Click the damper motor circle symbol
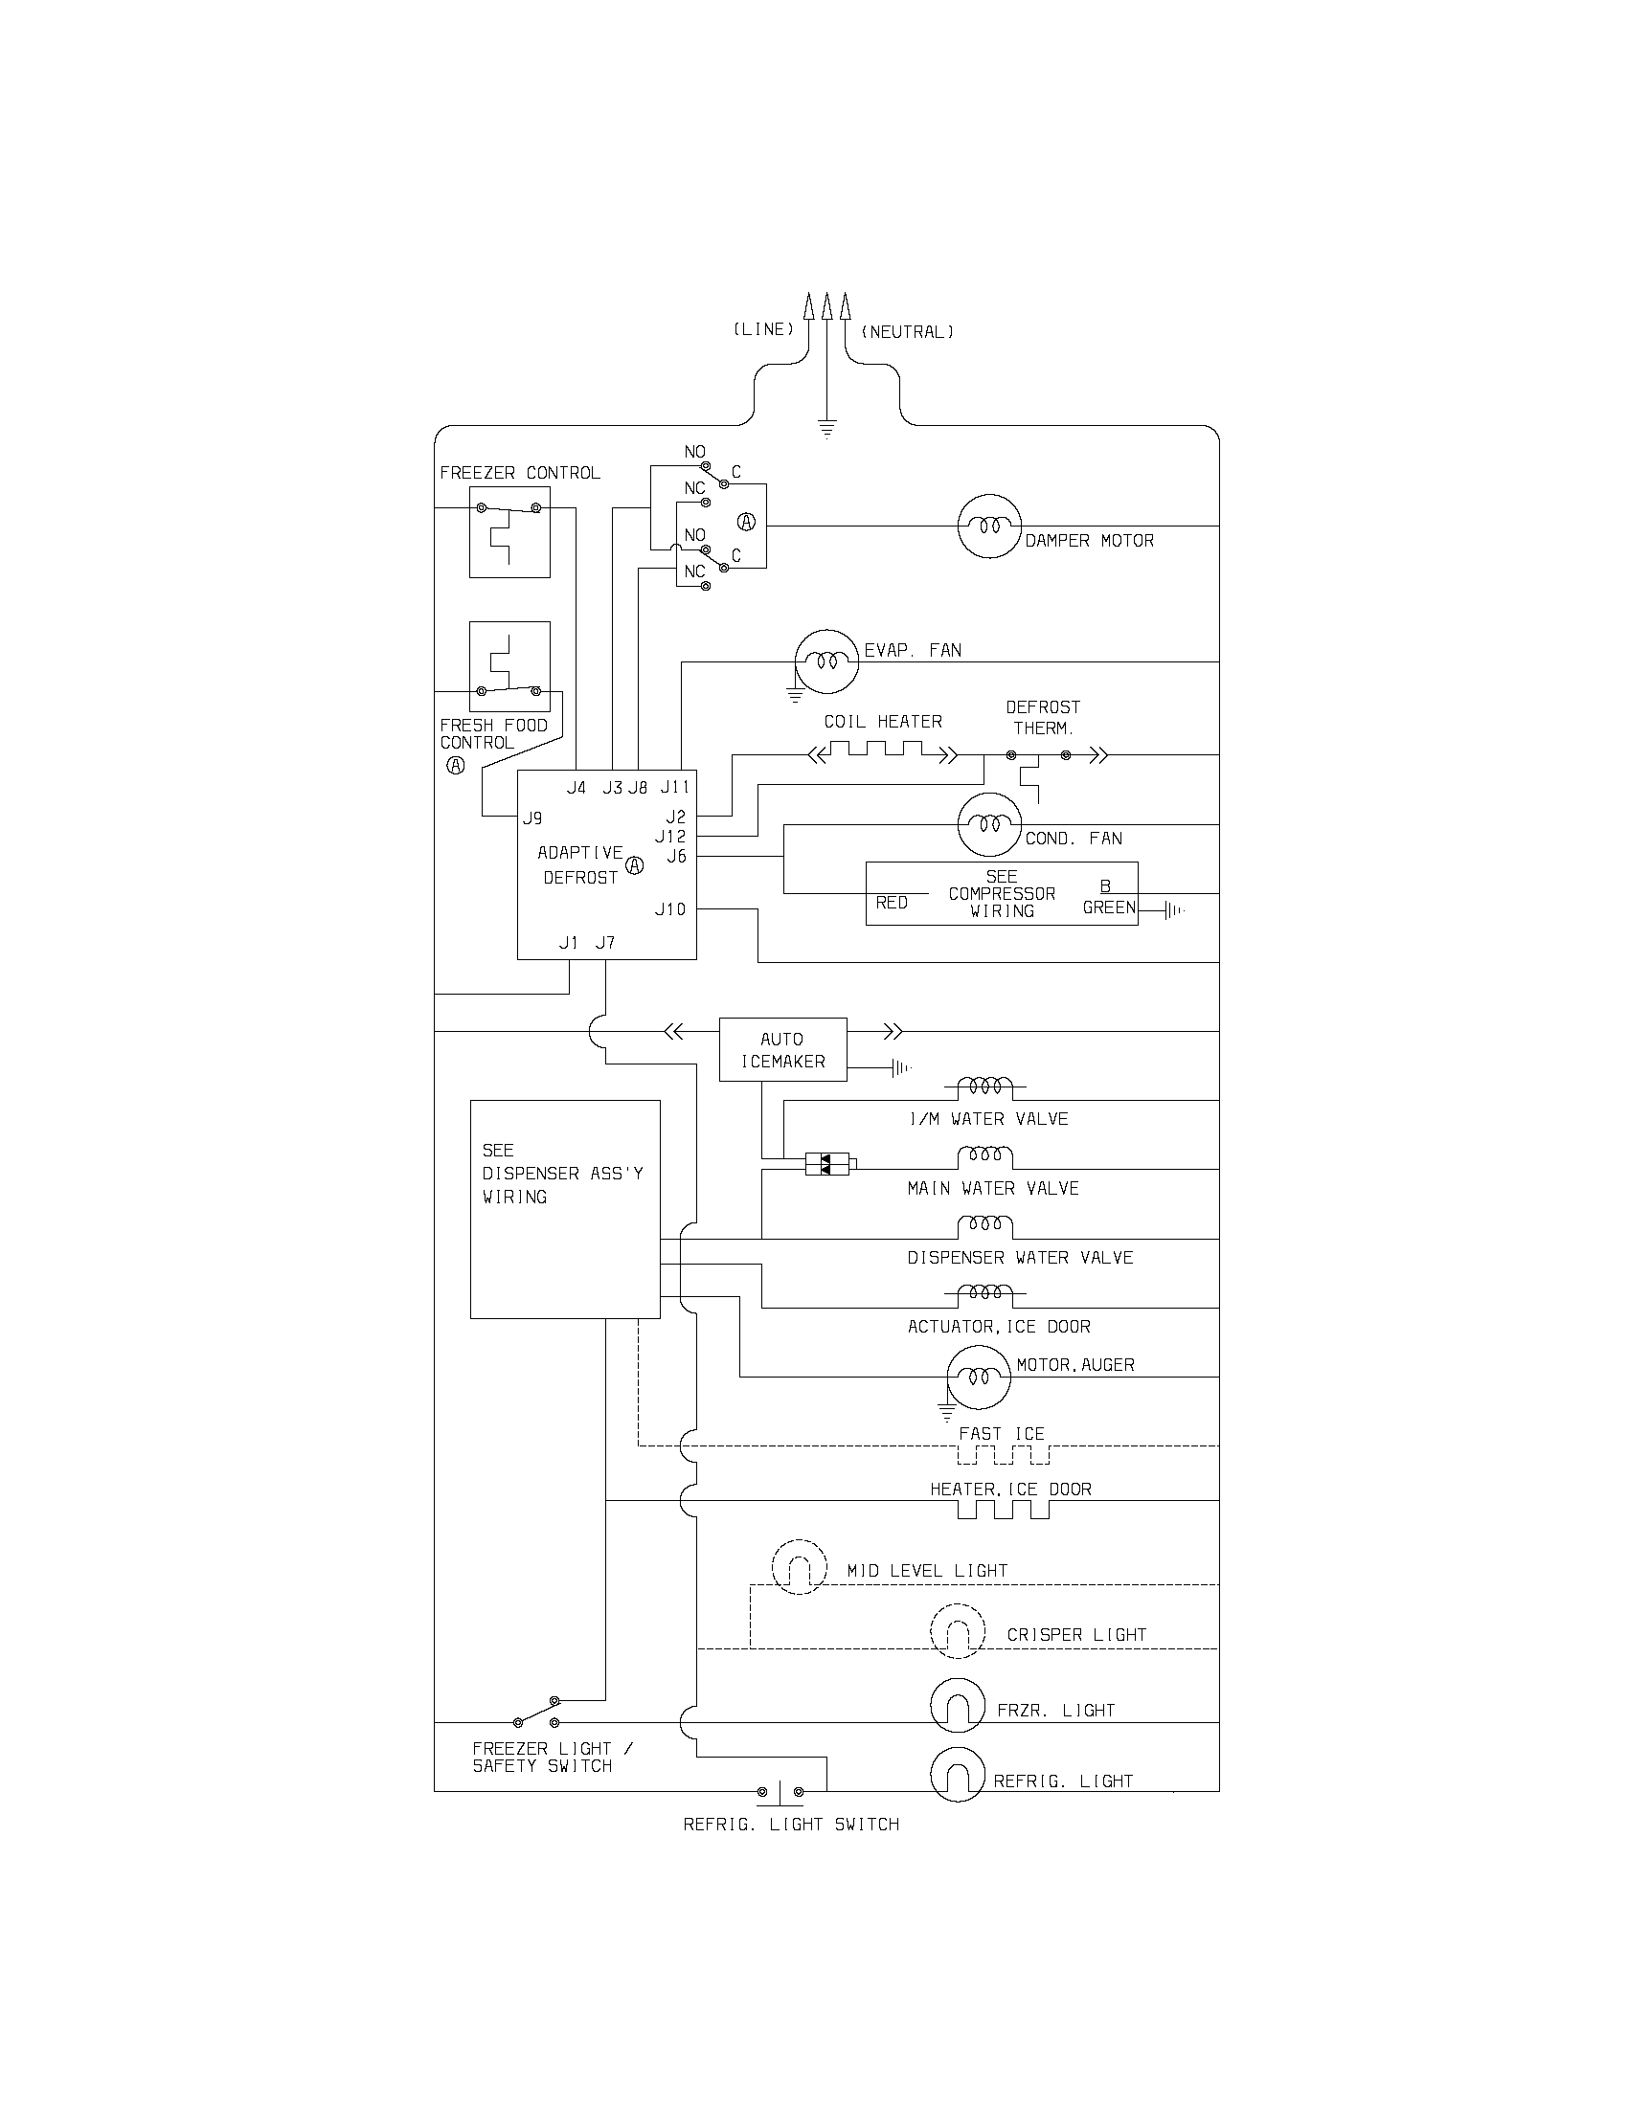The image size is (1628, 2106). pyautogui.click(x=988, y=526)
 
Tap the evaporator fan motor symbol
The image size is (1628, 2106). pyautogui.click(x=825, y=661)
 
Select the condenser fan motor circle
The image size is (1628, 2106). pyautogui.click(x=988, y=824)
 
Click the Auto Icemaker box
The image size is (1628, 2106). pyautogui.click(x=783, y=1050)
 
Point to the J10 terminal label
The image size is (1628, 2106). pyautogui.click(x=670, y=909)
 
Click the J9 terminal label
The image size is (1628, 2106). pyautogui.click(x=532, y=818)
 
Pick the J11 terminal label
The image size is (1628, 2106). pyautogui.click(x=675, y=788)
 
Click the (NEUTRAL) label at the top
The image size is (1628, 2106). pyautogui.click(x=907, y=332)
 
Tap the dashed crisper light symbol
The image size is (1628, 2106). pyautogui.click(x=958, y=1631)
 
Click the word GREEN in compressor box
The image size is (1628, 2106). pyautogui.click(x=1108, y=907)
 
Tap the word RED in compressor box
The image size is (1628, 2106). pyautogui.click(x=892, y=903)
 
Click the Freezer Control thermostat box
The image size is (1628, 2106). pyautogui.click(x=509, y=531)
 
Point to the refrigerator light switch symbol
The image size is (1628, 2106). pyautogui.click(x=780, y=1792)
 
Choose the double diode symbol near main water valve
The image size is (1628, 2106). pyautogui.click(x=827, y=1165)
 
